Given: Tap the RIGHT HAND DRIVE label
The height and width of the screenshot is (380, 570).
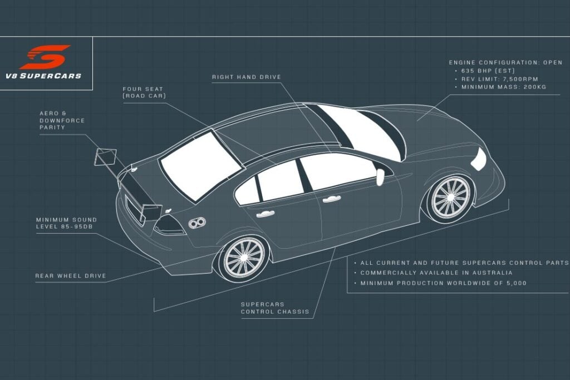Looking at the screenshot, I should point(247,77).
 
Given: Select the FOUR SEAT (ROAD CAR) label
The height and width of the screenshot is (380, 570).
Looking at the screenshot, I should point(144,92).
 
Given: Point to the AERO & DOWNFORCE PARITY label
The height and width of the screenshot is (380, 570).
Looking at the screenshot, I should point(52,120).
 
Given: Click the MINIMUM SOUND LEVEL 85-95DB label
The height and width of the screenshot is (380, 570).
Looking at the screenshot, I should point(66,223).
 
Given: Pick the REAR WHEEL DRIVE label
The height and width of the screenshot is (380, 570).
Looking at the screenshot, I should point(70,275).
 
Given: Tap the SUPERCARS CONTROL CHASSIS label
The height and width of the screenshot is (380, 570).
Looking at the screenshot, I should point(274,308).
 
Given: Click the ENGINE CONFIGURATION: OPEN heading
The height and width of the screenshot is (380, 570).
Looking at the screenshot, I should point(505,62).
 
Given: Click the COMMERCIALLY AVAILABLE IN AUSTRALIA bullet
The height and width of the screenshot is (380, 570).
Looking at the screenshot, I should point(436,273).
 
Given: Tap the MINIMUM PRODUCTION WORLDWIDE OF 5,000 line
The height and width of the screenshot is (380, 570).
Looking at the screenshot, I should point(443,283).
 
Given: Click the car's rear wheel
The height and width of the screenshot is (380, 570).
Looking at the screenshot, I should point(243,257).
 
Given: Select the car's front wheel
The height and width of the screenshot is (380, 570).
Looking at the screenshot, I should point(450,197).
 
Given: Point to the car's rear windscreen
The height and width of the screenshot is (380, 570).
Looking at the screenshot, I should point(200,165).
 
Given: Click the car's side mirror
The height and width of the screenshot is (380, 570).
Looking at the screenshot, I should point(380,176).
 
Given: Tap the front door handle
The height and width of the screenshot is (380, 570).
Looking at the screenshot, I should point(332,198).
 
